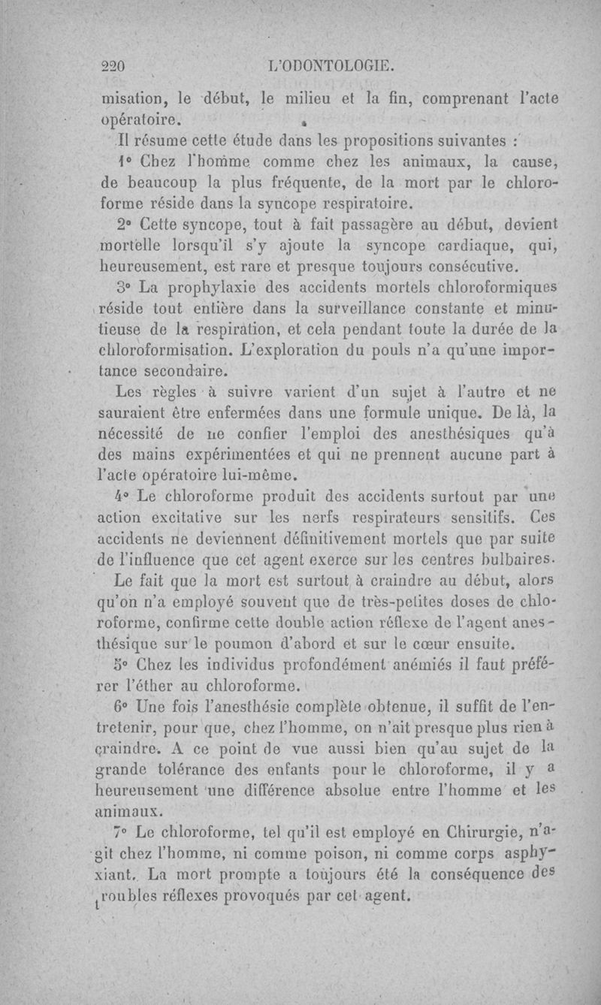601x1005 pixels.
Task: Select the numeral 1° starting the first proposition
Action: pyautogui.click(x=126, y=161)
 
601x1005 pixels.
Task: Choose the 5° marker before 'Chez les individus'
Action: pyautogui.click(x=126, y=664)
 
